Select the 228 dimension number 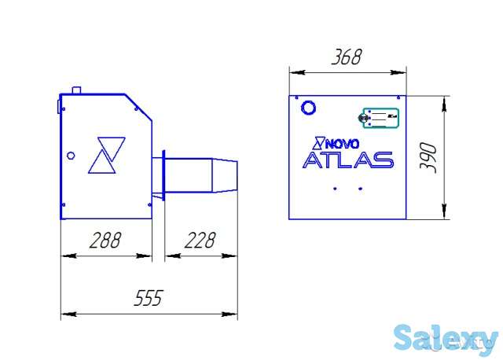coord(200,241)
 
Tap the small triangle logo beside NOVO coord(319,143)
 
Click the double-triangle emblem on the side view coord(106,154)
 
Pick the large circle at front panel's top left coord(308,106)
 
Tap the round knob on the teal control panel coord(365,118)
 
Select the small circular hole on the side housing coord(71,155)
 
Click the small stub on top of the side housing coord(77,90)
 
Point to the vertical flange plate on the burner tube coord(163,175)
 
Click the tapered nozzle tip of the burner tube coord(226,175)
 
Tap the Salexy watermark coord(445,339)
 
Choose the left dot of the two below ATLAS coord(335,189)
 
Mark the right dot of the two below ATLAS coord(360,189)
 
